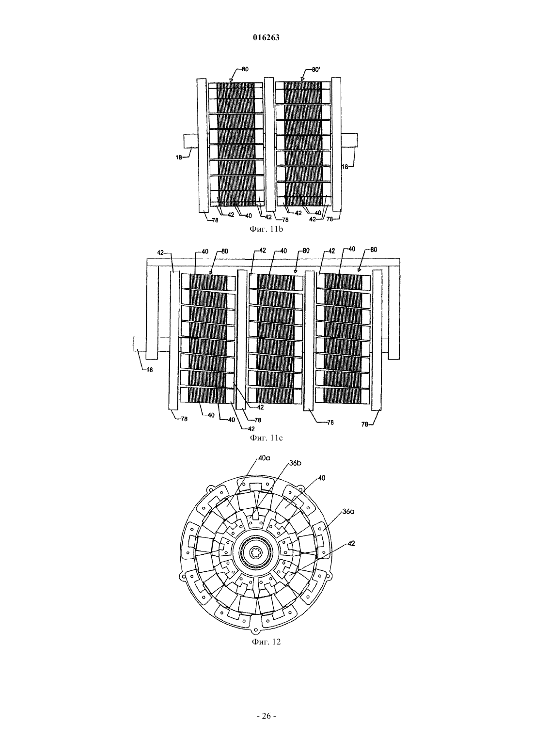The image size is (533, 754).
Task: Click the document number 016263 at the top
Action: pyautogui.click(x=266, y=38)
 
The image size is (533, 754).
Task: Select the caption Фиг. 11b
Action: pyautogui.click(x=266, y=229)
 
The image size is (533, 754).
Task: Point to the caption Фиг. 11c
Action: pyautogui.click(x=266, y=438)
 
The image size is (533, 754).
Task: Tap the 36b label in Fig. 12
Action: pyautogui.click(x=295, y=463)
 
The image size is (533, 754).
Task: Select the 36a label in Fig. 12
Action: pyautogui.click(x=348, y=511)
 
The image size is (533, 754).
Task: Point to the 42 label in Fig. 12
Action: pyautogui.click(x=351, y=543)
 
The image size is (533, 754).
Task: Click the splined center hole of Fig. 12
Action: pyautogui.click(x=257, y=554)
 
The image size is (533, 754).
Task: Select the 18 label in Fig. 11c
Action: pyautogui.click(x=149, y=370)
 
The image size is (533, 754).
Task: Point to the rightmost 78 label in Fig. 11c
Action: pyautogui.click(x=365, y=424)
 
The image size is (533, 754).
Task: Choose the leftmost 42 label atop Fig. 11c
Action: pyautogui.click(x=161, y=252)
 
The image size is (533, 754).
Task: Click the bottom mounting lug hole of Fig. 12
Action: pyautogui.click(x=257, y=629)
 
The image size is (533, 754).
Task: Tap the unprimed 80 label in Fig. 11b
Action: pyautogui.click(x=245, y=70)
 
